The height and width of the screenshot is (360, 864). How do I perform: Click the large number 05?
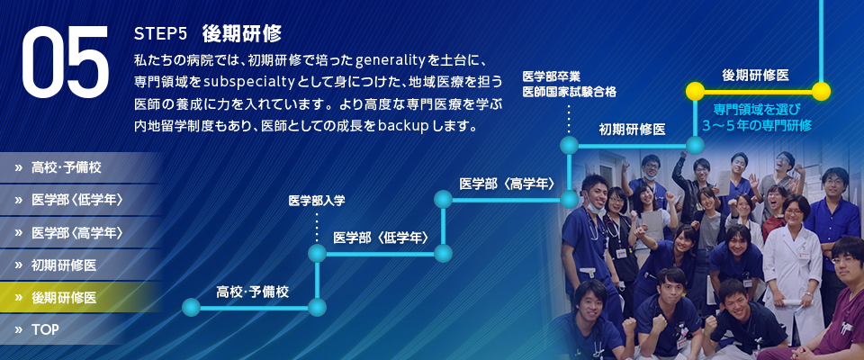65,60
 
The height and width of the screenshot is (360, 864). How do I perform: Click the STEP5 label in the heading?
161,34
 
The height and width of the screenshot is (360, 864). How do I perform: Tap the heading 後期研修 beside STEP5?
242,33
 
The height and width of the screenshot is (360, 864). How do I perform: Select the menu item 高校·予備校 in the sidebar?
66,167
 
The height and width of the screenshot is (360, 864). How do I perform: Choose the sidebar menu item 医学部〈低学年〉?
76,200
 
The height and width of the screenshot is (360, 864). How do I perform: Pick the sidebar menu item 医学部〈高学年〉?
76,232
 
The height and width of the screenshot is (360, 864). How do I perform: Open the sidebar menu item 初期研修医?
64,265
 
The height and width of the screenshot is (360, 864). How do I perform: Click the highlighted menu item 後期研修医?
64,298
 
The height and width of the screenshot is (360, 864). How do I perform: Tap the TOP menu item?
45,329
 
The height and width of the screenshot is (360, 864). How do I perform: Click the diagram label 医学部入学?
317,201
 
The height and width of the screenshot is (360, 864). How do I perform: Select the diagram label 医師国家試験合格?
569,92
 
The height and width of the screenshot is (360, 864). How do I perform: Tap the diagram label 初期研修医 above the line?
632,130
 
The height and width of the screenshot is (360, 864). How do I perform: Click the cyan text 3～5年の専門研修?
757,126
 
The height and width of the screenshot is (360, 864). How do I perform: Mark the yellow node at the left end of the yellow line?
695,92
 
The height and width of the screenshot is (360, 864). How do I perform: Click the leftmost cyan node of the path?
191,307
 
